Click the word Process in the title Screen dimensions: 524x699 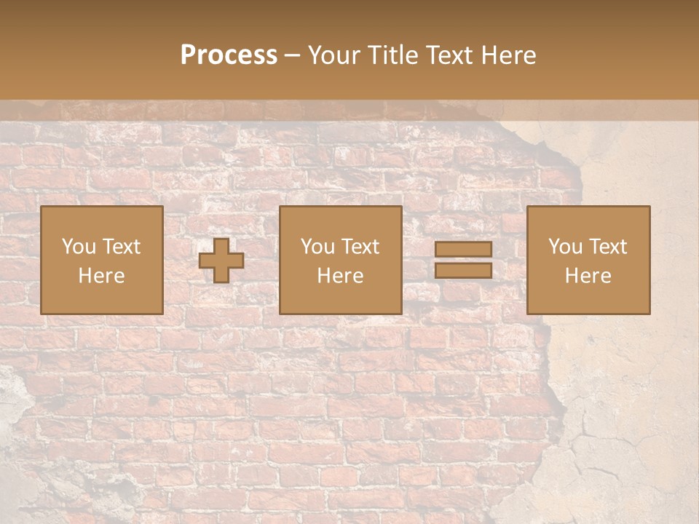tap(229, 55)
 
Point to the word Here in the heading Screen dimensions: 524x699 tap(509, 55)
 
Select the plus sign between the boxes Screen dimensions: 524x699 tap(221, 261)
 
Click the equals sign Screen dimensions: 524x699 tap(463, 260)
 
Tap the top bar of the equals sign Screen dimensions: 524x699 tap(463, 249)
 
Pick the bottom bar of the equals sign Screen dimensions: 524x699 tap(463, 270)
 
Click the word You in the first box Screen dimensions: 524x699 tap(79, 247)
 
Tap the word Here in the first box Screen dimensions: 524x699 tap(101, 276)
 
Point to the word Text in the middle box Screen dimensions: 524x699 tap(360, 247)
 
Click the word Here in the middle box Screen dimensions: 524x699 tap(340, 276)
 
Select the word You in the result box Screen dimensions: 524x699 tap(565, 247)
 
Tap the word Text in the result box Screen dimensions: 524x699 tap(608, 247)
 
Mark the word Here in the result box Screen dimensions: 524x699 tap(588, 276)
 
